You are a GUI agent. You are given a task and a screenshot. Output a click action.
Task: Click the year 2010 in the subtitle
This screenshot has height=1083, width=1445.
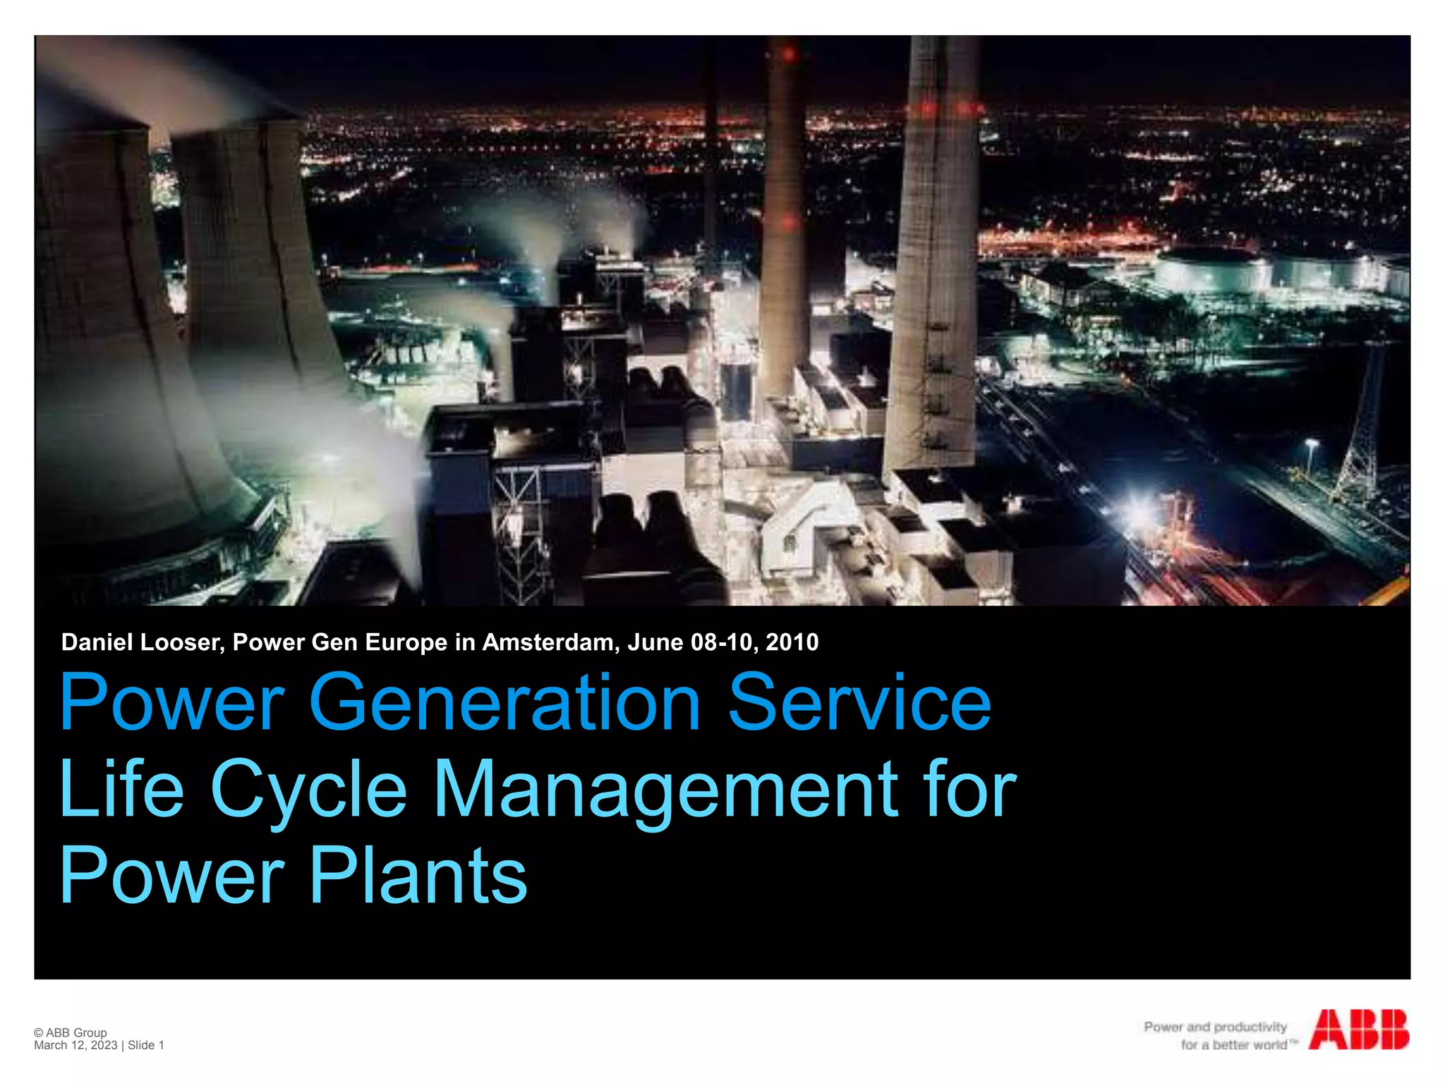(x=792, y=642)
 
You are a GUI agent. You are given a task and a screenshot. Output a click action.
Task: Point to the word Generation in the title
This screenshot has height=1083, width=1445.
(x=504, y=702)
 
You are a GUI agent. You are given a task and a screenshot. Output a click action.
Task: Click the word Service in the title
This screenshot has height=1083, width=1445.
(x=859, y=702)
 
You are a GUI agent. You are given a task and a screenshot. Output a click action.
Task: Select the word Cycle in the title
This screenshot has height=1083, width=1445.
(x=309, y=790)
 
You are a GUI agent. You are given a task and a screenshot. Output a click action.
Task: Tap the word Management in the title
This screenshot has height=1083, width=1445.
(x=665, y=790)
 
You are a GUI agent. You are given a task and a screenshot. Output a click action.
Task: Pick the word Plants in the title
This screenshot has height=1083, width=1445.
(x=418, y=876)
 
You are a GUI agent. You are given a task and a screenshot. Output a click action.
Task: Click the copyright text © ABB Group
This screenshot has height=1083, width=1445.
(x=71, y=1032)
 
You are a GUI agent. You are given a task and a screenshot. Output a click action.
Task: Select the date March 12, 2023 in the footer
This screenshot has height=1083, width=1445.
(x=75, y=1045)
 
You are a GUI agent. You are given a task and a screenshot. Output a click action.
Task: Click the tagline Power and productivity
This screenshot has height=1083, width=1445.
(x=1215, y=1027)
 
